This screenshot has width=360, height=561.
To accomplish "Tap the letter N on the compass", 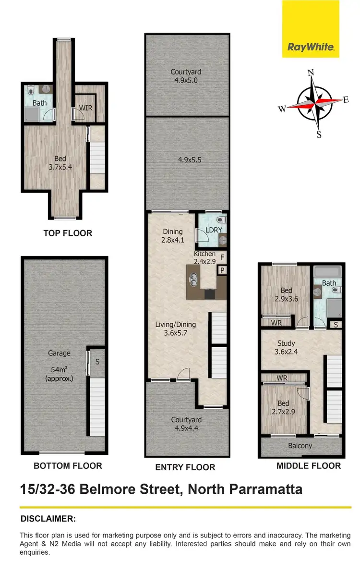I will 311,73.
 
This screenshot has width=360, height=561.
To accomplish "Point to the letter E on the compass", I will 346,99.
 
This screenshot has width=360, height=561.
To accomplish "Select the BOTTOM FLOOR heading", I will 68,465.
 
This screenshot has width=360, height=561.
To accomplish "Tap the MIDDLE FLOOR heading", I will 309,465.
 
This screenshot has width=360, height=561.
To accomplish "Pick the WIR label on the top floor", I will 85,107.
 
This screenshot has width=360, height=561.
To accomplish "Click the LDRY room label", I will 214,230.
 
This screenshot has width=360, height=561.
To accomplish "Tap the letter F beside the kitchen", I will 222,257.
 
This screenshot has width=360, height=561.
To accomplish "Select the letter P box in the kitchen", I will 222,270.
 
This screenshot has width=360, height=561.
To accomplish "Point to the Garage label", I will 59,353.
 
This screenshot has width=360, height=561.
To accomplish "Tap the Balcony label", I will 300,446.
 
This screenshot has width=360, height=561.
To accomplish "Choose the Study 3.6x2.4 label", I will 287,347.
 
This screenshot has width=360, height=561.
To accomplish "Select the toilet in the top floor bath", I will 30,90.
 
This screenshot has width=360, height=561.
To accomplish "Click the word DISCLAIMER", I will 48,519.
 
